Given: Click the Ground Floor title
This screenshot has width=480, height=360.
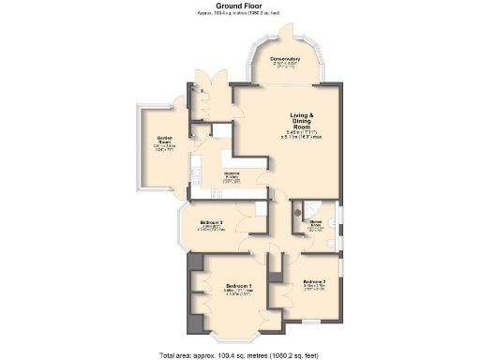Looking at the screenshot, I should point(239,6).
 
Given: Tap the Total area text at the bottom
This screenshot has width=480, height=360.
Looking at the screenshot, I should point(239,354).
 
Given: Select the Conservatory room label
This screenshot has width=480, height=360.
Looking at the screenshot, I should point(285,59).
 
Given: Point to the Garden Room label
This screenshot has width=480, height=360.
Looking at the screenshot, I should point(165,139).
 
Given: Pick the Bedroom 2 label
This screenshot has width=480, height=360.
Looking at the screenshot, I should point(314,282).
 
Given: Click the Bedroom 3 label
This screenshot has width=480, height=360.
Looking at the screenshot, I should point(211,222).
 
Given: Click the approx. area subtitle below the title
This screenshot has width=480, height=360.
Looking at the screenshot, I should point(239,13).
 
